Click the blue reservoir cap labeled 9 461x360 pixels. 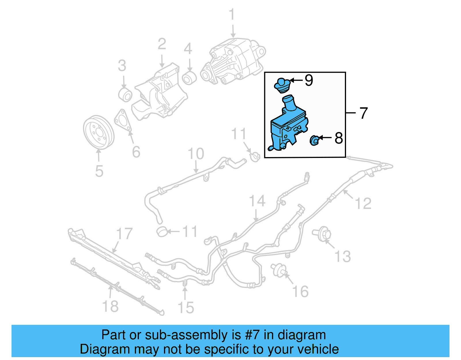click(281, 86)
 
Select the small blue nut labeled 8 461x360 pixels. click(314, 140)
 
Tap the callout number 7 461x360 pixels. click(364, 113)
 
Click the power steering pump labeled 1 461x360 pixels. click(233, 62)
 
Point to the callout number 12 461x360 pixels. click(363, 203)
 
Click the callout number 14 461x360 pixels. click(257, 201)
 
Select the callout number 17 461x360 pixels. click(124, 234)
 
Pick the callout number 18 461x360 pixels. click(110, 306)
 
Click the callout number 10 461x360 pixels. click(196, 154)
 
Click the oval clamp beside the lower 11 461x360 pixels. click(162, 231)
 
